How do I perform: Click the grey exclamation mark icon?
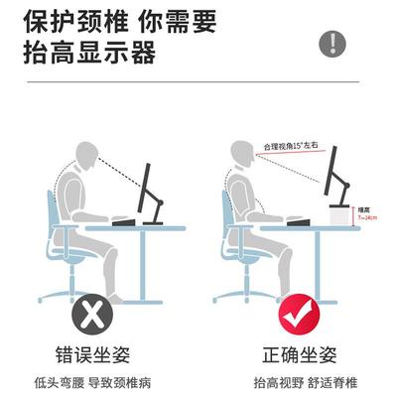click(x=333, y=43)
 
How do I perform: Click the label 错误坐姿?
click(x=93, y=354)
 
